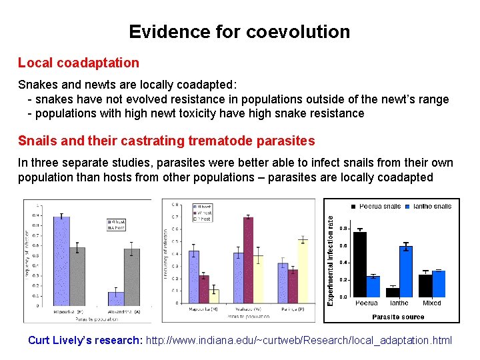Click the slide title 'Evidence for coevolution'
tap(239, 32)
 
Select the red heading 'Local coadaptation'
tap(79, 63)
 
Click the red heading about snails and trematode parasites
tap(167, 141)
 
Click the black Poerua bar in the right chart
tap(360, 264)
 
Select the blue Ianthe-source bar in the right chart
tap(406, 271)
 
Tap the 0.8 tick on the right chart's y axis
tap(342, 229)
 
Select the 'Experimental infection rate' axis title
tap(330, 255)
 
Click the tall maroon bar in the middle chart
tap(248, 260)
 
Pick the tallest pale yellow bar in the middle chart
tap(303, 271)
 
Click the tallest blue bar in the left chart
tap(61, 260)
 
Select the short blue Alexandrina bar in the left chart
tap(116, 298)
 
